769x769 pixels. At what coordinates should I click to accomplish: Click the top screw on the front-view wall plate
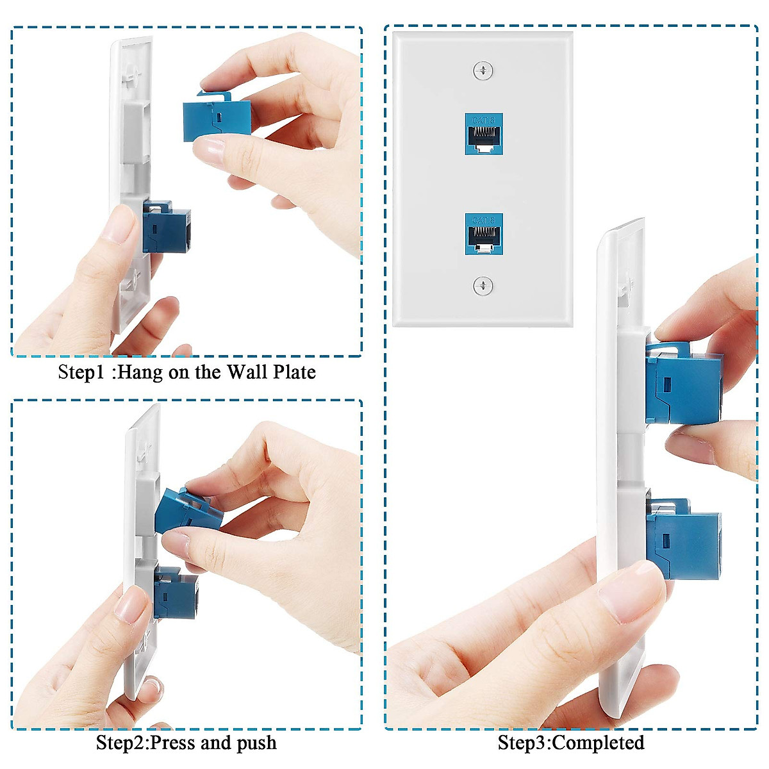[x=483, y=70]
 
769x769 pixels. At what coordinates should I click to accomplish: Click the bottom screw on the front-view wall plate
[x=483, y=286]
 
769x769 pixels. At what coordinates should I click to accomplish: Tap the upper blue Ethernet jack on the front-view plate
[x=484, y=134]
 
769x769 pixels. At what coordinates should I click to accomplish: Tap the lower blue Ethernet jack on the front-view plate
[x=484, y=234]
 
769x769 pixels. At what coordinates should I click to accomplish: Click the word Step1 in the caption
[x=80, y=372]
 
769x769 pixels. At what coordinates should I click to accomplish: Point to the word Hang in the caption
[x=140, y=372]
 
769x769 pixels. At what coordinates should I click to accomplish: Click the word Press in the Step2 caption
[x=172, y=743]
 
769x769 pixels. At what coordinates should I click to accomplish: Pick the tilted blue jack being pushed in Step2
[x=189, y=509]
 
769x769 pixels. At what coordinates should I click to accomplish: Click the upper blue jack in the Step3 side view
[x=683, y=384]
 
